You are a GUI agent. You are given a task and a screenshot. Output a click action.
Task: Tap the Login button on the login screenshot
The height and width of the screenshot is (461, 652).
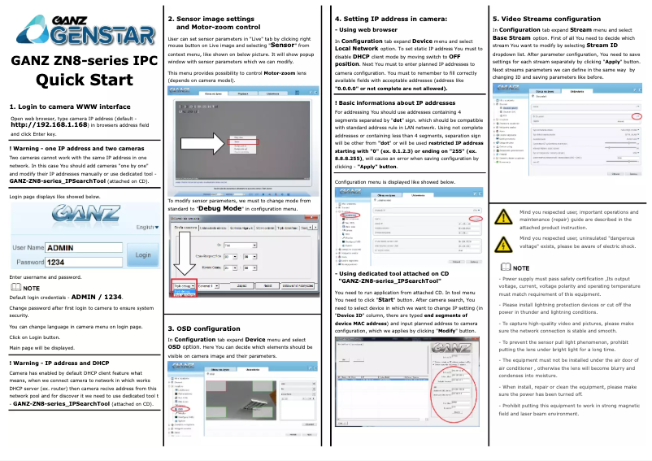[x=143, y=254]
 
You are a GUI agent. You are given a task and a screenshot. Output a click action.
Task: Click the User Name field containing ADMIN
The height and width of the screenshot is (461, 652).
[x=83, y=247]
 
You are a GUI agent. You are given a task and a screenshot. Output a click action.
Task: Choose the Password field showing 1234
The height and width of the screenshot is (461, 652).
[x=83, y=263]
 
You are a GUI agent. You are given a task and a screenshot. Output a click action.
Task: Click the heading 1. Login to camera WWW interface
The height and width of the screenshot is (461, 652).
[x=69, y=107]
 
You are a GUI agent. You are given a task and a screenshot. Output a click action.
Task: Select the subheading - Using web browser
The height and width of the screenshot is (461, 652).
[x=364, y=29]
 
